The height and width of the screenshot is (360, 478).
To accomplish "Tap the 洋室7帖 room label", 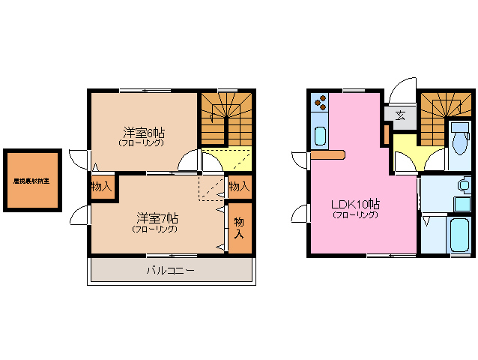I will (157, 218).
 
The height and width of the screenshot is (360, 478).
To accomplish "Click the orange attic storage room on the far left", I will (31, 181).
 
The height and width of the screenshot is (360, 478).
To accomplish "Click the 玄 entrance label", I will (400, 115).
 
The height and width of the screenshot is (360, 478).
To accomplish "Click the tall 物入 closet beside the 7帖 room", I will (238, 227).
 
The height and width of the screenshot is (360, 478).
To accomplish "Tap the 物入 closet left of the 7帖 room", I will (101, 187).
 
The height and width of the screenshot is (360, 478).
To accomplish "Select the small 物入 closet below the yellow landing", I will (238, 186).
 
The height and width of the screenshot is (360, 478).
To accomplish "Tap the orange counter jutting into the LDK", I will (327, 155).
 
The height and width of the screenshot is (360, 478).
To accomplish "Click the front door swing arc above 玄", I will (402, 89).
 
